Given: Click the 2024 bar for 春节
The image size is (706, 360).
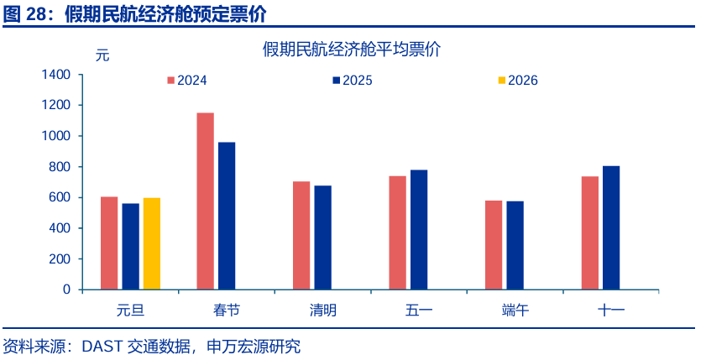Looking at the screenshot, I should (x=205, y=201).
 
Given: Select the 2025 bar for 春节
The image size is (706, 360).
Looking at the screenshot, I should (x=227, y=216).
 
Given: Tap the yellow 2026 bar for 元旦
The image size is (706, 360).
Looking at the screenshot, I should (x=152, y=243).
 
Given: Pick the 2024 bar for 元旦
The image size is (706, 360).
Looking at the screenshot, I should (x=109, y=243).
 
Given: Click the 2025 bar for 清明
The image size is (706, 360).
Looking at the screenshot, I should (x=322, y=237).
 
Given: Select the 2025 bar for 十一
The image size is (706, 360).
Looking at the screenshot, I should (x=611, y=227).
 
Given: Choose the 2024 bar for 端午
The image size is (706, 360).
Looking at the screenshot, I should (x=494, y=245).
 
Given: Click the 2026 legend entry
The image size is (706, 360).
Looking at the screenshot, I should (x=517, y=81).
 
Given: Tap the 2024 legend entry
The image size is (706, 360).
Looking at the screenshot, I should (x=186, y=81).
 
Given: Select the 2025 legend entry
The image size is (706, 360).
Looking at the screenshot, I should (x=352, y=81).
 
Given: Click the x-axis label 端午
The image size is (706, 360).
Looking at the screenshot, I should (x=515, y=310).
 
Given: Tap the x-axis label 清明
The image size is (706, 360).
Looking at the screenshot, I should (x=322, y=310).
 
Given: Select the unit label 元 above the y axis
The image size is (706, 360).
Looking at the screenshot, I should (x=102, y=56).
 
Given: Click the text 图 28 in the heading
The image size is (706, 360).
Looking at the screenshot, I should (x=24, y=13).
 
